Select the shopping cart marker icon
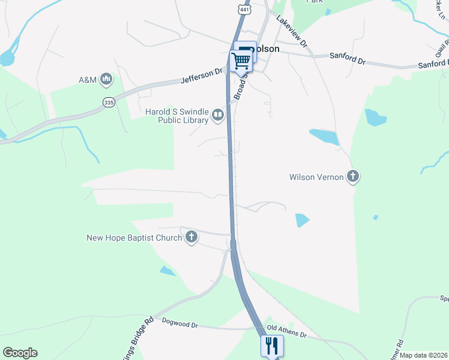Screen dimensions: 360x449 (x=241, y=60)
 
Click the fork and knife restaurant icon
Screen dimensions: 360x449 (x=271, y=346)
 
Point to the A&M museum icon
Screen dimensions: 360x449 (x=106, y=79)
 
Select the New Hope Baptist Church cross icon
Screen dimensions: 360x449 (x=191, y=238)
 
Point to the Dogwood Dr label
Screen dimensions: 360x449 (x=179, y=325)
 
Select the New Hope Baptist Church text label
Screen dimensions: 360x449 (x=134, y=238)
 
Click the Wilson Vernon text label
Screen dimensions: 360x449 (x=316, y=177)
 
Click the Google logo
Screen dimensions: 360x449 (x=20, y=353)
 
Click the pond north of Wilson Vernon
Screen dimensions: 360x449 (x=324, y=137)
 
